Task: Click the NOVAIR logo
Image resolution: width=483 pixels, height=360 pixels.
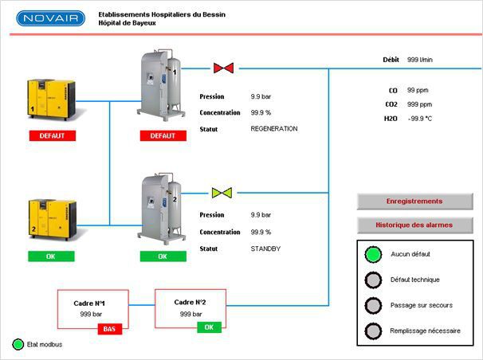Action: point(50,18)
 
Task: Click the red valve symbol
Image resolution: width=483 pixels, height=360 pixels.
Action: point(223,68)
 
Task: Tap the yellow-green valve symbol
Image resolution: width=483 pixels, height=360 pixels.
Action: point(222,192)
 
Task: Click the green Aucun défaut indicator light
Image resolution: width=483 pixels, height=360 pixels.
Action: point(371,255)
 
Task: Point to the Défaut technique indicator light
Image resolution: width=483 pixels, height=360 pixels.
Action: point(371,280)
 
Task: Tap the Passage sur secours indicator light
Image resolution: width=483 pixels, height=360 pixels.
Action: point(371,306)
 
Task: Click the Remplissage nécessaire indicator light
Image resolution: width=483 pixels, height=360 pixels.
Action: point(371,331)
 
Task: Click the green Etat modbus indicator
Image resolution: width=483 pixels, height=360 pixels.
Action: point(18,345)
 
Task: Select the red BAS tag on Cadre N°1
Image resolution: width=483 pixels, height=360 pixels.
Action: point(110,328)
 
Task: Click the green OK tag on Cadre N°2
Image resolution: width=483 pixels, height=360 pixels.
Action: point(209,327)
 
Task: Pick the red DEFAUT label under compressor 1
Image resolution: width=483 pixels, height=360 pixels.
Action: point(51,135)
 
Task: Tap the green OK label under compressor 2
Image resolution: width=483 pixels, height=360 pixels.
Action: point(51,256)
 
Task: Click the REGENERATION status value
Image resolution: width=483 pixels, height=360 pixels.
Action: point(273,128)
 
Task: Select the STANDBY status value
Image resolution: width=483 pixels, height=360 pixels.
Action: point(265,249)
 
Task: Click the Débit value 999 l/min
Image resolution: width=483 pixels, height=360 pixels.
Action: point(420,60)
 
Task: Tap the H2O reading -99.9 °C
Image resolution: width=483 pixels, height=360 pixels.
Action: point(420,118)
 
